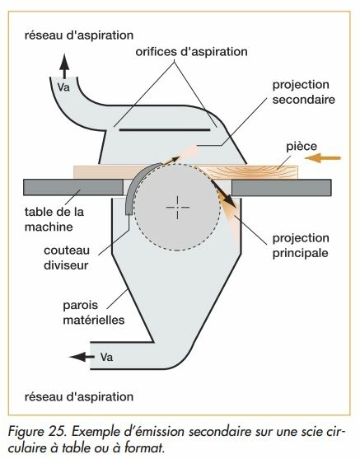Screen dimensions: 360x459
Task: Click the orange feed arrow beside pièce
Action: click(x=323, y=158)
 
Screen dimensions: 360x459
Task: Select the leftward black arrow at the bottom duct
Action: click(x=82, y=357)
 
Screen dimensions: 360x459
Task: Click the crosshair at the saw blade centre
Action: click(x=178, y=208)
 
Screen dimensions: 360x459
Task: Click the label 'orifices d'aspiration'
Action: click(x=191, y=52)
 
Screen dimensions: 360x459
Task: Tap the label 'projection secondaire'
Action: click(x=303, y=92)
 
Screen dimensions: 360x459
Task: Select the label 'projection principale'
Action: click(x=301, y=246)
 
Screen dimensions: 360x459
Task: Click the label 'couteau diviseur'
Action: click(x=67, y=258)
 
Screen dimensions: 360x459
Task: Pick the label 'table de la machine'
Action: click(x=54, y=219)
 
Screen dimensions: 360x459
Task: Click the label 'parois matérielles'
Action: click(x=94, y=312)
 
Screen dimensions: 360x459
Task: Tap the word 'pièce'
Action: click(x=302, y=146)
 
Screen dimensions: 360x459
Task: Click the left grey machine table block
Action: click(x=73, y=187)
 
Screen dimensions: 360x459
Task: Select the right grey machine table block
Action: click(x=282, y=187)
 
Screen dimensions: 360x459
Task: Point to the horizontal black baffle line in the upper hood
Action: click(x=165, y=129)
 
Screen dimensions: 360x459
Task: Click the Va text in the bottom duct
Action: click(x=106, y=357)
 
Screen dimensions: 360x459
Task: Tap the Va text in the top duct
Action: click(x=63, y=87)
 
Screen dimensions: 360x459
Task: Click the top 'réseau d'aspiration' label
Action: click(x=79, y=35)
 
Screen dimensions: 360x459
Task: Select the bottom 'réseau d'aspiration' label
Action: click(x=79, y=397)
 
